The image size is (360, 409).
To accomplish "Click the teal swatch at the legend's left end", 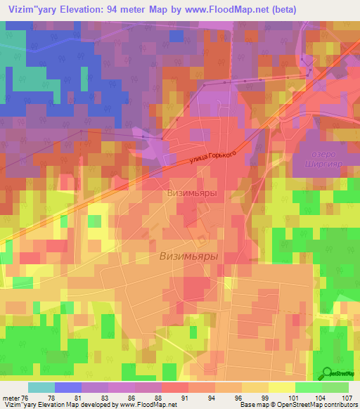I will [x=41, y=387].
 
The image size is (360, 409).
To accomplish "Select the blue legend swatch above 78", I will [x=68, y=387].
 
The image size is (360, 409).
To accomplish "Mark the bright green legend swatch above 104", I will [x=309, y=387].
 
